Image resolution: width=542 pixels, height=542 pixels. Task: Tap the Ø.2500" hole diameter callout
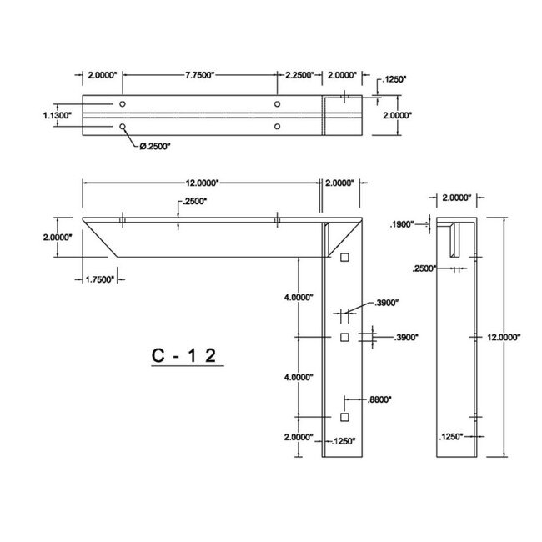[x=154, y=145]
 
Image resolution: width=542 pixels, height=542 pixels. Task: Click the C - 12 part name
[x=184, y=355]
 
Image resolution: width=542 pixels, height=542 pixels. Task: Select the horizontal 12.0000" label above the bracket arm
[x=201, y=183]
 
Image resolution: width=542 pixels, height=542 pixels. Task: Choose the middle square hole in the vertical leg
[x=344, y=337]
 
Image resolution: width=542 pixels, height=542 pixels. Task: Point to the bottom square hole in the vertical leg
[x=344, y=416]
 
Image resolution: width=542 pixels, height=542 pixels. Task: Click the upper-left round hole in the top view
[x=123, y=104]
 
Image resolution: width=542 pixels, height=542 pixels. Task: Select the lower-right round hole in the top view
[x=277, y=127]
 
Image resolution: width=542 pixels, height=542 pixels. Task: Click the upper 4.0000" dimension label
[x=298, y=298]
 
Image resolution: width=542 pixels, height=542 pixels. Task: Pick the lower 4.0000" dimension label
[x=298, y=377]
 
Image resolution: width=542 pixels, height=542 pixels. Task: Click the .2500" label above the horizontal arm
[x=193, y=202]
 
